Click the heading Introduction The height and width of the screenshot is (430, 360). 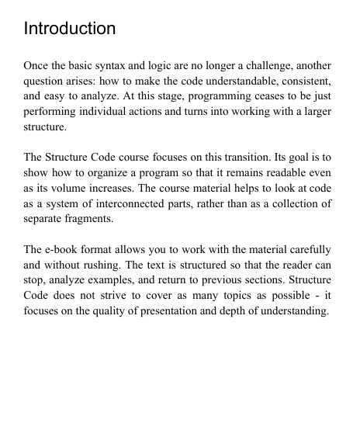70,29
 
